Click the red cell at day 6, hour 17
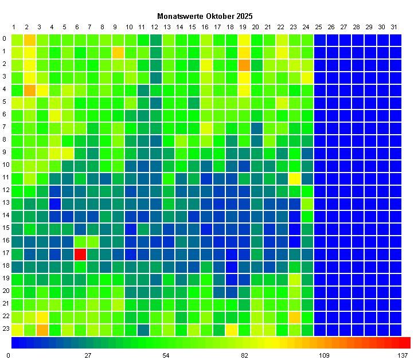[x=80, y=254]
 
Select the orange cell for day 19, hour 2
[x=244, y=65]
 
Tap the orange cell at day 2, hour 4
[x=30, y=90]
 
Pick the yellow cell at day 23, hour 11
[x=295, y=178]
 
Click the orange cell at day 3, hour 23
[x=42, y=330]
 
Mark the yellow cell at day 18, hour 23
[x=232, y=330]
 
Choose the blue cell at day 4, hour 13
[x=55, y=204]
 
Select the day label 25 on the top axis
[x=318, y=27]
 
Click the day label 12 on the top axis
[x=155, y=27]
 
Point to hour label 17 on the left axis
[x=5, y=254]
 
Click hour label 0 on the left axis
[x=5, y=40]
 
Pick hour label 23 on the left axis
[x=5, y=330]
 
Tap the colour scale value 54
[x=166, y=355]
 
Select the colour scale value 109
[x=324, y=355]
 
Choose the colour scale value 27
[x=88, y=355]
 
